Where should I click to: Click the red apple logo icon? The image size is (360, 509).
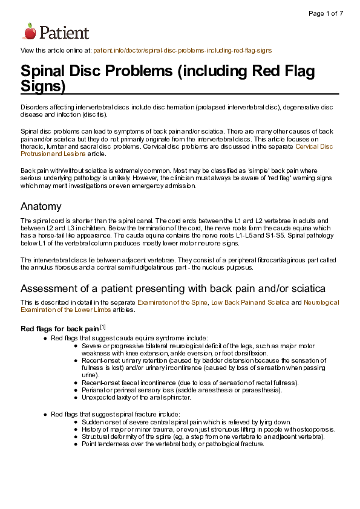tap(30, 31)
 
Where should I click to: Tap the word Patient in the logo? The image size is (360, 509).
tap(65, 33)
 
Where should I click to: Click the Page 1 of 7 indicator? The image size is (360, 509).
tap(326, 13)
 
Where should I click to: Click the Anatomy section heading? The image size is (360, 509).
tap(41, 206)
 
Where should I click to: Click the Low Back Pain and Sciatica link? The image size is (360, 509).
tap(250, 302)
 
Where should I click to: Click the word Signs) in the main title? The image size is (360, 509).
tap(43, 86)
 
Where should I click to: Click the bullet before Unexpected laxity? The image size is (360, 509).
tap(76, 397)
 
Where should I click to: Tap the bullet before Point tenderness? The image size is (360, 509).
tap(76, 444)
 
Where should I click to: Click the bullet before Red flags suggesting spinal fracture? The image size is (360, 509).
tap(46, 414)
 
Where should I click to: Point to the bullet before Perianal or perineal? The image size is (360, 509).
tap(76, 390)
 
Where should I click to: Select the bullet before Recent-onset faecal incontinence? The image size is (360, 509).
tap(76, 383)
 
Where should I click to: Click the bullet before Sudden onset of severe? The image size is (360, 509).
tap(76, 422)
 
